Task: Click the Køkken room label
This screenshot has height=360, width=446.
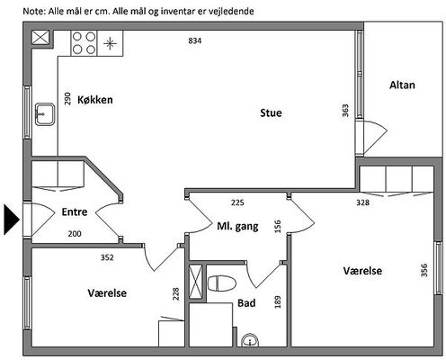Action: tap(95, 100)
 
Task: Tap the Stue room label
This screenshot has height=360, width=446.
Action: tap(271, 112)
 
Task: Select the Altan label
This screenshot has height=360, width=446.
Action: tap(402, 85)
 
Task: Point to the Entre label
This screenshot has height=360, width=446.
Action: tap(75, 211)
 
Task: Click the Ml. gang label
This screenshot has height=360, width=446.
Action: tap(237, 226)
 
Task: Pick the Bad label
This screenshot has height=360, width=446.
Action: tap(246, 303)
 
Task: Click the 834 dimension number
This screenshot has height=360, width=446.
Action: tap(195, 40)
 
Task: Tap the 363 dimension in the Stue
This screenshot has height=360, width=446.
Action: tap(345, 111)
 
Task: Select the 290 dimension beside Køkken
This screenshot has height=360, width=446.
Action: tap(67, 99)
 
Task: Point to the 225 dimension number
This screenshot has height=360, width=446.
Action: tap(237, 202)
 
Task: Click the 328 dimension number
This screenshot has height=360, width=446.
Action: tap(362, 202)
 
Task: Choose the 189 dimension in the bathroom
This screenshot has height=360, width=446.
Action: tap(278, 301)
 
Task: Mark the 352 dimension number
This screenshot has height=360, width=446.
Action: tap(107, 257)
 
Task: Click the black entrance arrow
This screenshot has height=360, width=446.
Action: tap(12, 220)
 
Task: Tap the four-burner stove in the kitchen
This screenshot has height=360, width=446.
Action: tap(84, 43)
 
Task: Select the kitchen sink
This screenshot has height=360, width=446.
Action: tap(45, 114)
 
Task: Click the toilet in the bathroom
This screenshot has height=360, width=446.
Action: tap(222, 283)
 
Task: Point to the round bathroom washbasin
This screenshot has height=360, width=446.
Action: tap(250, 341)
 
